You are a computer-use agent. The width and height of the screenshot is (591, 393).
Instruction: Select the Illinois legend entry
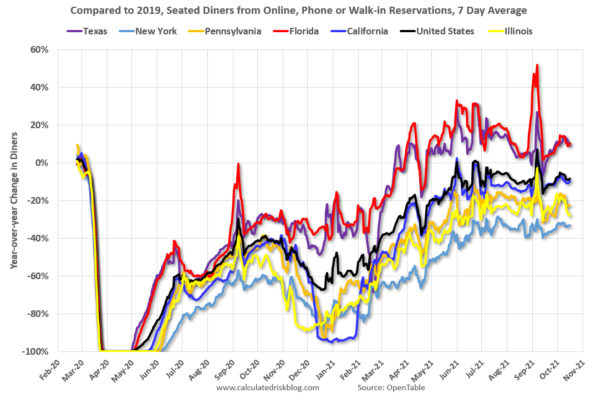pyautogui.click(x=513, y=31)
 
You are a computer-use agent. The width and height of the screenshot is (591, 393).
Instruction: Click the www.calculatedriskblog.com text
pyautogui.click(x=268, y=387)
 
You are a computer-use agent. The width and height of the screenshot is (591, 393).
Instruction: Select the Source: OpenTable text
pyautogui.click(x=391, y=387)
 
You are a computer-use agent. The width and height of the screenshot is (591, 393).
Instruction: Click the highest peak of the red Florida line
pyautogui.click(x=537, y=65)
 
